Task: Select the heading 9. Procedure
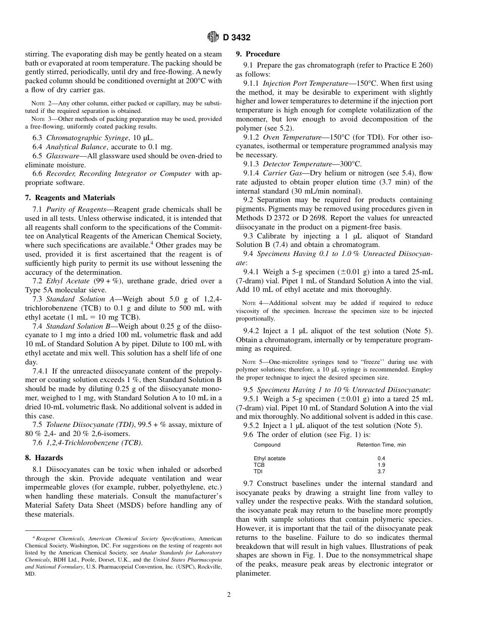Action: [x=258, y=54]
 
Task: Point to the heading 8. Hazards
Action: [x=44, y=458]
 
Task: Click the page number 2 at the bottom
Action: [x=228, y=594]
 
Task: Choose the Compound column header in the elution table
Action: [x=267, y=445]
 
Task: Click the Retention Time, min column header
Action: [x=381, y=445]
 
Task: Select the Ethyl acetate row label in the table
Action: [x=269, y=459]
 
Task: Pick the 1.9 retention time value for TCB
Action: [x=381, y=465]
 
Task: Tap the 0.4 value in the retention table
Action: [x=381, y=459]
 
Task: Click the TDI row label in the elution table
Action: [x=258, y=472]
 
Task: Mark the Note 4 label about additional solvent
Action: [x=253, y=303]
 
